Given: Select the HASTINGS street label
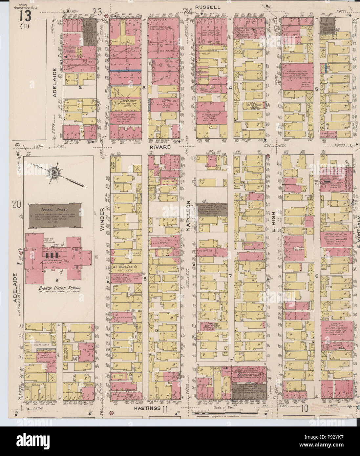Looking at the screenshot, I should click(147, 408).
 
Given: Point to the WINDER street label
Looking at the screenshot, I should click(102, 219).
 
